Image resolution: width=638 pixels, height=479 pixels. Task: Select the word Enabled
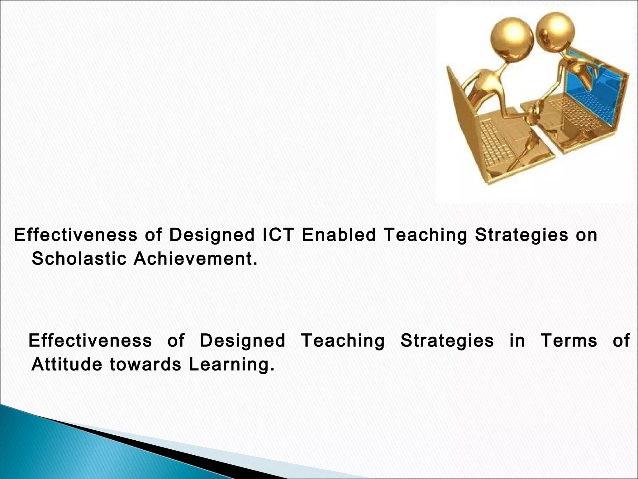(339, 235)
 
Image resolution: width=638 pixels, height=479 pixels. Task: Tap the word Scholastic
(79, 259)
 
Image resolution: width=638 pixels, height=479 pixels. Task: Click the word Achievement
(195, 259)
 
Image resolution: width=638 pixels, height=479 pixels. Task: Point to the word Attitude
(67, 364)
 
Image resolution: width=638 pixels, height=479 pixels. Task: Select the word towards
(145, 364)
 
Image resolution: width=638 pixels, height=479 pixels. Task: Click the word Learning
(232, 365)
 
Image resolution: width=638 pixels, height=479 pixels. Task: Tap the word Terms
(569, 340)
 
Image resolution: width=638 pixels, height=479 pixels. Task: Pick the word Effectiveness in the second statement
(90, 340)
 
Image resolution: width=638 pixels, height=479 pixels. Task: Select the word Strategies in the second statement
(447, 341)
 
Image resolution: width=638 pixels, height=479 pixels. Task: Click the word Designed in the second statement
(242, 341)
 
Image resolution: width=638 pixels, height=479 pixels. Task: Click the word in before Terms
(517, 340)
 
